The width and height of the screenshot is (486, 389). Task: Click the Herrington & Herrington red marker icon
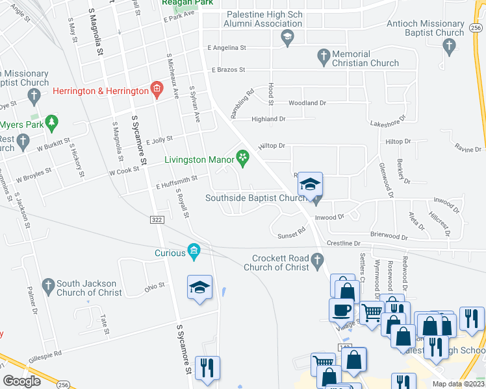156,89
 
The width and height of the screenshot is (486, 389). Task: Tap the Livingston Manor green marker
243,158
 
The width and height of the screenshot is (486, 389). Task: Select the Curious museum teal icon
194,250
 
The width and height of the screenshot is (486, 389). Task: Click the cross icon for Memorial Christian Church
324,58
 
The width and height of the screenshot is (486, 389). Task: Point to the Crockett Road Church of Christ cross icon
317,261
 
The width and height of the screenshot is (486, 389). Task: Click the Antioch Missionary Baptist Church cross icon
448,45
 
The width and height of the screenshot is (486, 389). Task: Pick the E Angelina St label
227,47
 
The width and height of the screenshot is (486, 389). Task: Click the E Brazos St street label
227,69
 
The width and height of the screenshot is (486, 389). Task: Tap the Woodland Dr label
307,103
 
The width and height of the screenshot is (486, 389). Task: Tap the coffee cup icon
340,310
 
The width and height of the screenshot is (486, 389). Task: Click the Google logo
21,381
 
